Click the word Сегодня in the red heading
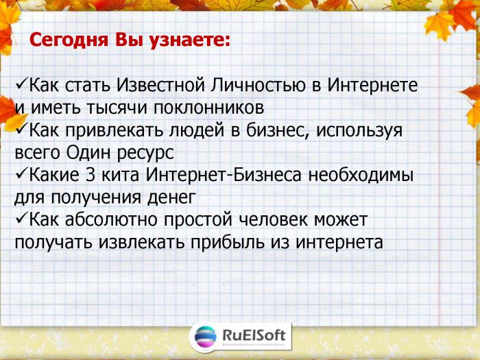click(69, 40)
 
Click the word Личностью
click(258, 85)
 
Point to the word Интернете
click(372, 84)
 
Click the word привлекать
click(114, 130)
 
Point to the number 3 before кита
click(91, 175)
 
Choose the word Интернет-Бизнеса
click(224, 175)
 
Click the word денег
click(171, 198)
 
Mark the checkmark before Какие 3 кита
click(21, 174)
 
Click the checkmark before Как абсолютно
click(21, 219)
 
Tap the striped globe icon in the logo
click(206, 337)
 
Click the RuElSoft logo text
click(254, 335)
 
